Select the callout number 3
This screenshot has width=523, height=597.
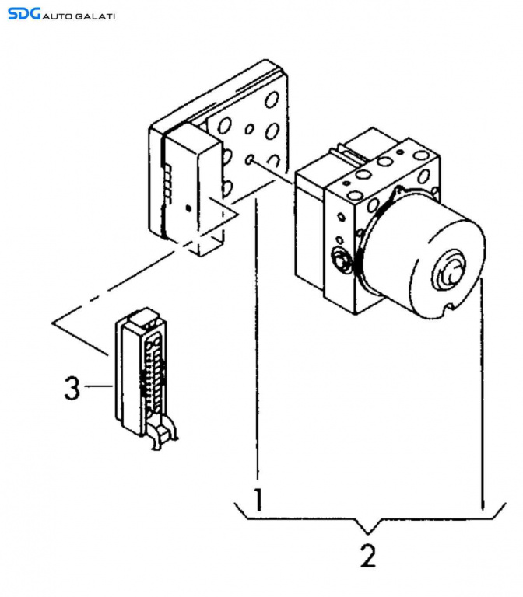point(72,387)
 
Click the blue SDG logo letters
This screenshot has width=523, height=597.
point(23,13)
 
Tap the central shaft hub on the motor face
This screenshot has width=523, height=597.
point(449,272)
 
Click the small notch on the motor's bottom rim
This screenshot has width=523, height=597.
point(446,313)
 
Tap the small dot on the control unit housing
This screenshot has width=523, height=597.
point(188,208)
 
